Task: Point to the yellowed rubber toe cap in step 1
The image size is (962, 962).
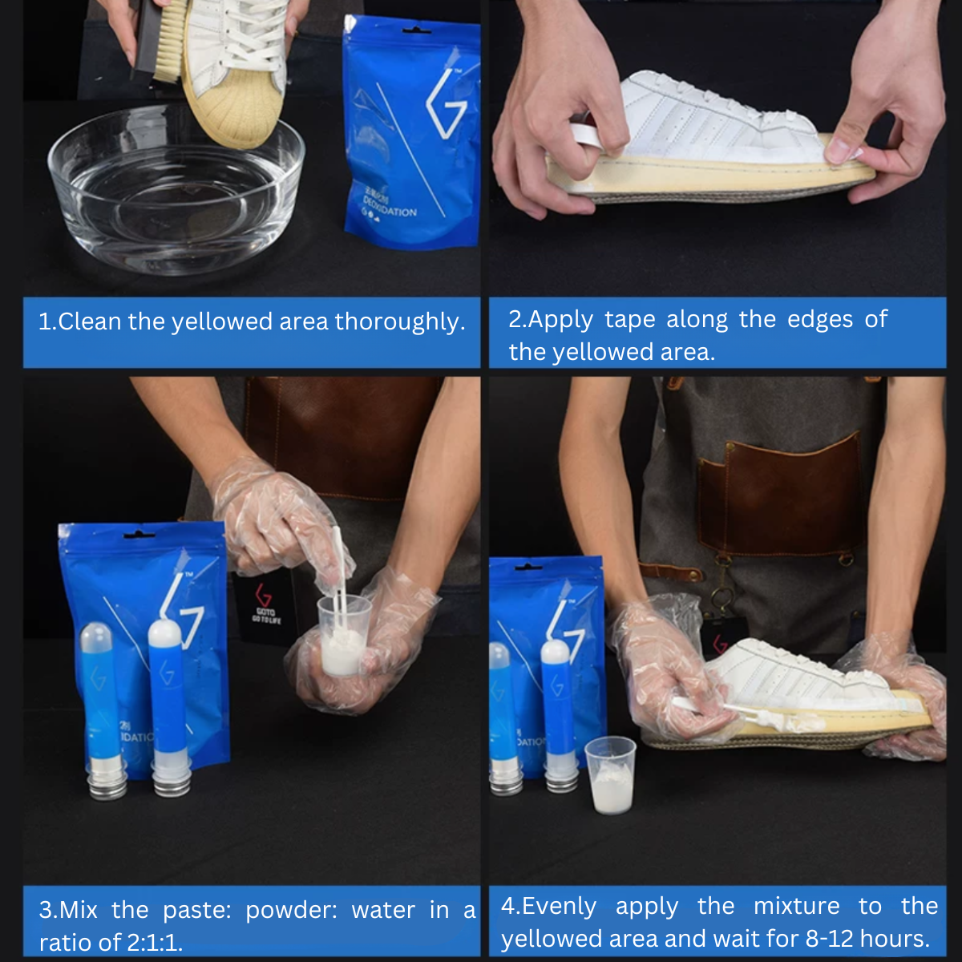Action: [x=232, y=112]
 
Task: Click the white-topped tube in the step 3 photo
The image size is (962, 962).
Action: [x=166, y=705]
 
